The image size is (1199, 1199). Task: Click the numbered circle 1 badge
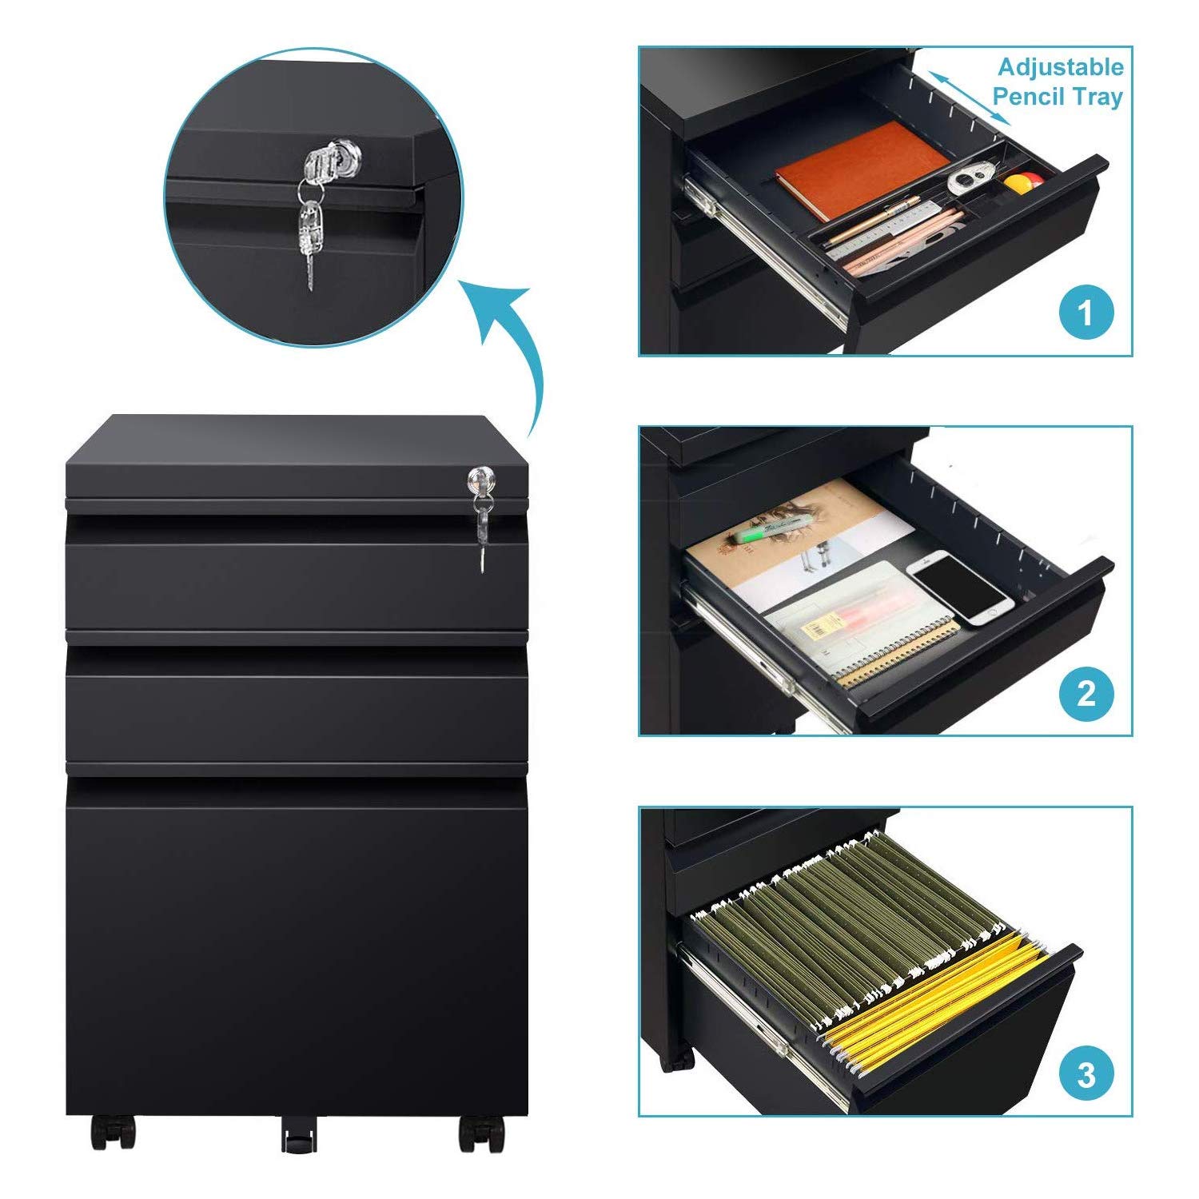tap(1085, 313)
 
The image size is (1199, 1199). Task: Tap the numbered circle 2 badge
tap(1085, 692)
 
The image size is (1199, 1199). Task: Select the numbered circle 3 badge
tap(1085, 1074)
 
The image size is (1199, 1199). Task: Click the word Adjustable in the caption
tap(1061, 67)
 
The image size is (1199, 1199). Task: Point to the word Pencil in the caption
tap(1030, 97)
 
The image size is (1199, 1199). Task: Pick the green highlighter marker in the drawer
tap(772, 528)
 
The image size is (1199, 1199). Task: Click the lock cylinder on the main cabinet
tap(482, 480)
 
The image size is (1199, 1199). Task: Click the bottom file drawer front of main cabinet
tap(297, 943)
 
